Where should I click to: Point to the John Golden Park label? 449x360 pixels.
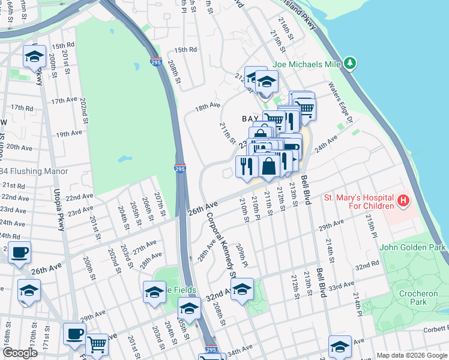tap(412, 247)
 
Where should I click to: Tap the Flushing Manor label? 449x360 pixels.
tap(34, 171)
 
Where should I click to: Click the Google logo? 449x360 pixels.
tap(20, 353)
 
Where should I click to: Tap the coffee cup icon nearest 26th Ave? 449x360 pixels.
tap(19, 253)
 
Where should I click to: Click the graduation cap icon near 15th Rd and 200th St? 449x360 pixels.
tap(35, 57)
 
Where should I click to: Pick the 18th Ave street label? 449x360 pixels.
tap(208, 106)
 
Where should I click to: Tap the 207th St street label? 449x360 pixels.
tap(160, 203)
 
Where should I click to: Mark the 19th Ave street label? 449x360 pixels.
tap(68, 133)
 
